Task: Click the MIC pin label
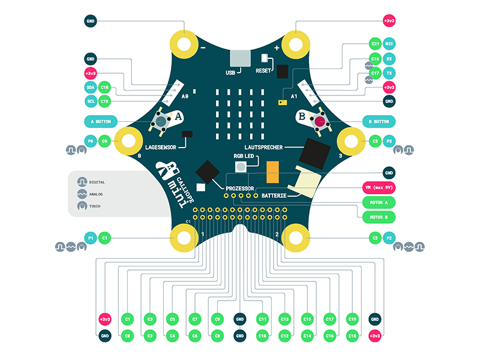click(389, 44)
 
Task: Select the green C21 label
click(375, 44)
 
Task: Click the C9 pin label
click(217, 319)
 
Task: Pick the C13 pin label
click(285, 319)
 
